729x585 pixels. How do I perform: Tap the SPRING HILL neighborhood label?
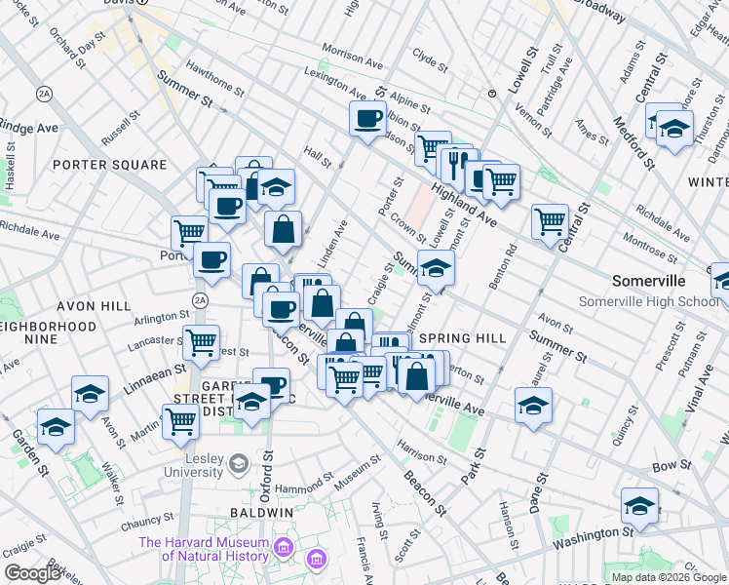464,338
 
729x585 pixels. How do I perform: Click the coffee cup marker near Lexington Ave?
367,120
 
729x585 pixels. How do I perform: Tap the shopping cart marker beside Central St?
550,221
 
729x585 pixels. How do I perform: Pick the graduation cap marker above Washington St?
638,505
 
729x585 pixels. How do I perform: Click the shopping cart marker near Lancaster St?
201,342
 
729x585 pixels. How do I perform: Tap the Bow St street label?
672,468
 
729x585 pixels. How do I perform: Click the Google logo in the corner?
33,572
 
